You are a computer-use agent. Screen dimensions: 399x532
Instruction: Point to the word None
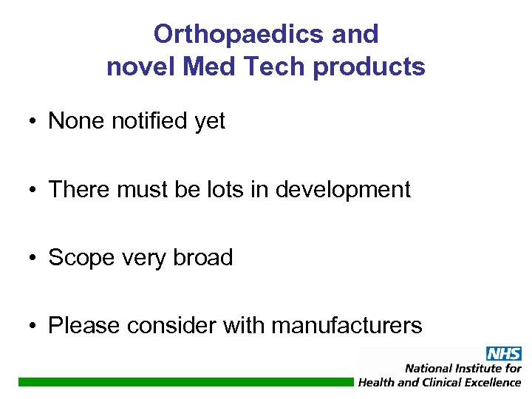pyautogui.click(x=77, y=121)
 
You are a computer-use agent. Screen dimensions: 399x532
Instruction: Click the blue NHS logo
pyautogui.click(x=503, y=354)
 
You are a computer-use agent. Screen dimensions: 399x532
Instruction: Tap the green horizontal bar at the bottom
pyautogui.click(x=185, y=381)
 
